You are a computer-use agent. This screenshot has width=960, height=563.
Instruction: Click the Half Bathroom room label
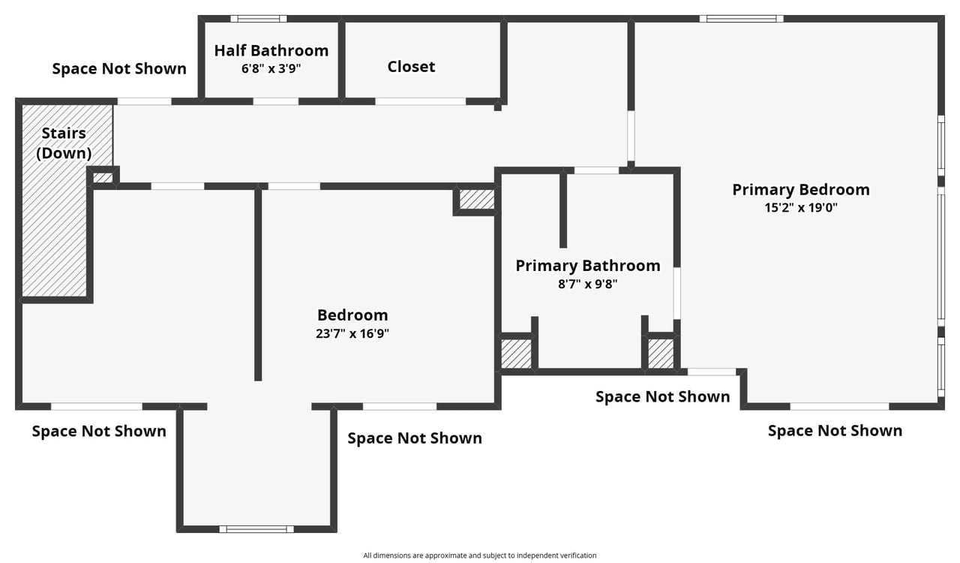pyautogui.click(x=271, y=50)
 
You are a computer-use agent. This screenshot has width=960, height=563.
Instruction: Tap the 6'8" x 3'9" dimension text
pyautogui.click(x=271, y=68)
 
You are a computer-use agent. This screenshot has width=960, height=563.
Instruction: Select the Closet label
pyautogui.click(x=412, y=67)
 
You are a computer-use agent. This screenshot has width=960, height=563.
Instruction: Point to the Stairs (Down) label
pyautogui.click(x=64, y=143)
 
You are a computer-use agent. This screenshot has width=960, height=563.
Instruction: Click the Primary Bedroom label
pyautogui.click(x=801, y=190)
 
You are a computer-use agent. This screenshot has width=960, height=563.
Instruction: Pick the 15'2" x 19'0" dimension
pyautogui.click(x=801, y=208)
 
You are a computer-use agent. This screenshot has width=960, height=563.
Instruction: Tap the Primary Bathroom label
pyautogui.click(x=588, y=266)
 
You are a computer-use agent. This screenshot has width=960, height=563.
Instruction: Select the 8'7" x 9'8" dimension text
pyautogui.click(x=588, y=284)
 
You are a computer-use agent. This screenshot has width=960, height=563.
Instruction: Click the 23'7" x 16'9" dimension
pyautogui.click(x=352, y=333)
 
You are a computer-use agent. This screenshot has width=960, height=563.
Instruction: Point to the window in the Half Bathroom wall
pyautogui.click(x=259, y=19)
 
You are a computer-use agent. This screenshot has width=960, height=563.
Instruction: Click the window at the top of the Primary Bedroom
pyautogui.click(x=742, y=19)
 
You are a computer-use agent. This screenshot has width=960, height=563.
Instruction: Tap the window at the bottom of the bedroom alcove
pyautogui.click(x=256, y=529)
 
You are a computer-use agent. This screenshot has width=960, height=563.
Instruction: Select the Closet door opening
pyautogui.click(x=421, y=101)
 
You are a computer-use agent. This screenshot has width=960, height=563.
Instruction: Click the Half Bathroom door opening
pyautogui.click(x=275, y=101)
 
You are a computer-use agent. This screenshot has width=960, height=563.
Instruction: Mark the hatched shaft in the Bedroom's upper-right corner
pyautogui.click(x=477, y=200)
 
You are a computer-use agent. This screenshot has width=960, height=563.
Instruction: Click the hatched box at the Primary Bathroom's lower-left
pyautogui.click(x=517, y=354)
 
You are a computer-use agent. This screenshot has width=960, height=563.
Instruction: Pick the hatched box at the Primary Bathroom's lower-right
pyautogui.click(x=661, y=354)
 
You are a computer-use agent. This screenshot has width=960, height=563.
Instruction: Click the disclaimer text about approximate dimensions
pyautogui.click(x=480, y=555)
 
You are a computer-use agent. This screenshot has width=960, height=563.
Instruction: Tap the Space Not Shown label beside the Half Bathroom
pyautogui.click(x=119, y=68)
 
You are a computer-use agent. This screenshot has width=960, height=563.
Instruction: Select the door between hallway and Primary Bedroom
pyautogui.click(x=631, y=136)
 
